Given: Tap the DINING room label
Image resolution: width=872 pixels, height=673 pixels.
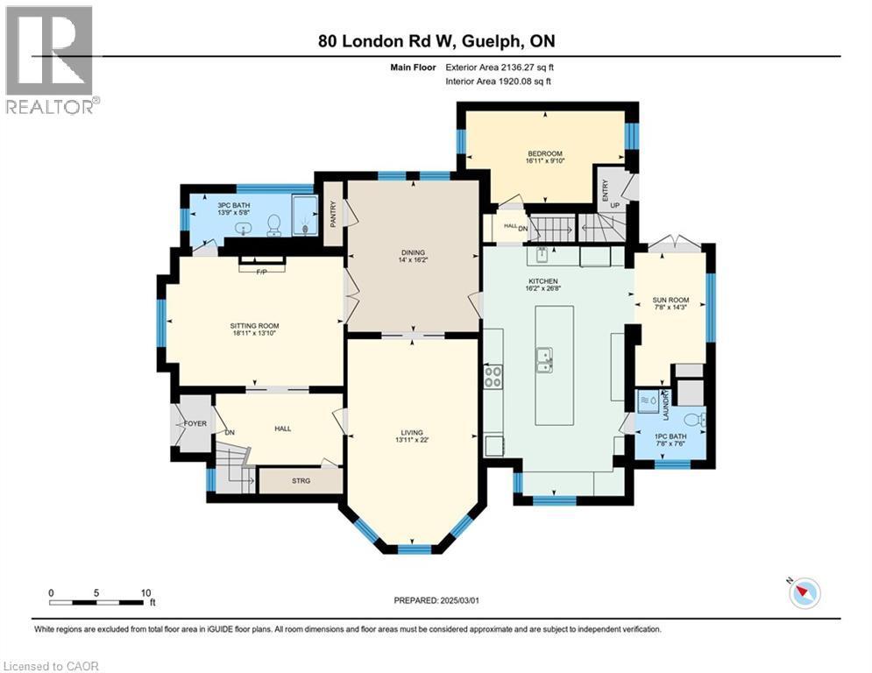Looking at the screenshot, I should (x=412, y=253).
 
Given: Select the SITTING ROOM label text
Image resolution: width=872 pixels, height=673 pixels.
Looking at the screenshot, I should (x=254, y=326).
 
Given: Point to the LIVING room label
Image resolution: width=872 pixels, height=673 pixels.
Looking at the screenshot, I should (x=412, y=433).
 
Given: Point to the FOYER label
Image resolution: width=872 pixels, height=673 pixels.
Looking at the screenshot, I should (x=195, y=423).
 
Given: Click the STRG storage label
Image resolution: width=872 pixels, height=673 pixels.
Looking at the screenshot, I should (x=301, y=481).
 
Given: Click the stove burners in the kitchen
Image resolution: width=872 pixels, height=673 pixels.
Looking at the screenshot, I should (x=493, y=376).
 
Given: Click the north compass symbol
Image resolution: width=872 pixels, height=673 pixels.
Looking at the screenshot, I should (x=804, y=593).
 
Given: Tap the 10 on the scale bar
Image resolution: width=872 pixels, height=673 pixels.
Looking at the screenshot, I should (x=145, y=592).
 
